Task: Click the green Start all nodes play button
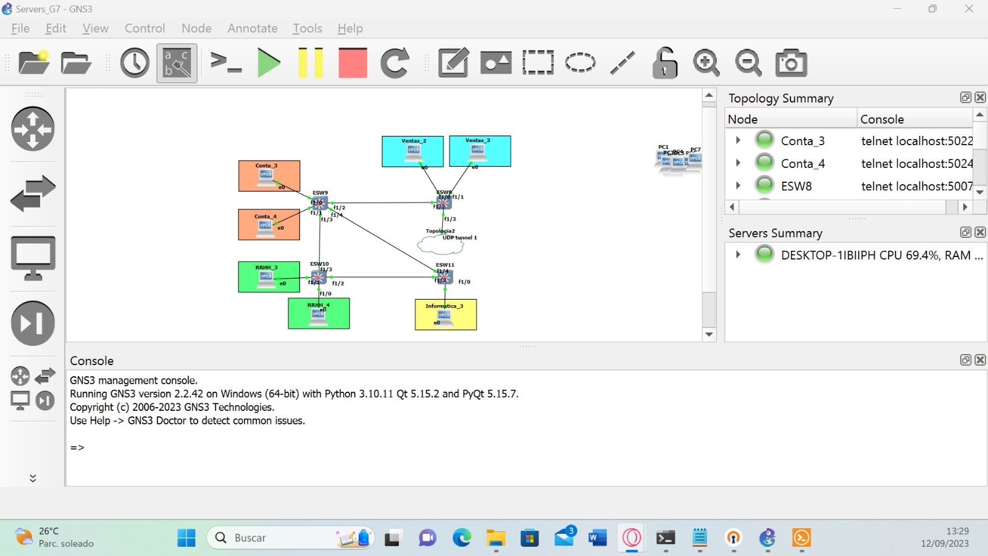[269, 63]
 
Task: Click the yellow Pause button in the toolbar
[311, 63]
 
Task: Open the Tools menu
[307, 28]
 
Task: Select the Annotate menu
[252, 28]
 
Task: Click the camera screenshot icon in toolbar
[791, 63]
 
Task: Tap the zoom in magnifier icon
[706, 63]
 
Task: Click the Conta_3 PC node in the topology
[266, 177]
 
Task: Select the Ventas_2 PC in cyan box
[413, 152]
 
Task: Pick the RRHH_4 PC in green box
[318, 316]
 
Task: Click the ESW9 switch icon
[320, 203]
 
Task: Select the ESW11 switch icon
[445, 276]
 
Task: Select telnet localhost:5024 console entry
[916, 164]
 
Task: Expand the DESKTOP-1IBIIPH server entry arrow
[738, 255]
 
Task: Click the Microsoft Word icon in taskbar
[597, 538]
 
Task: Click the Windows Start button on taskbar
[186, 538]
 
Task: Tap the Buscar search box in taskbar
[272, 538]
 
